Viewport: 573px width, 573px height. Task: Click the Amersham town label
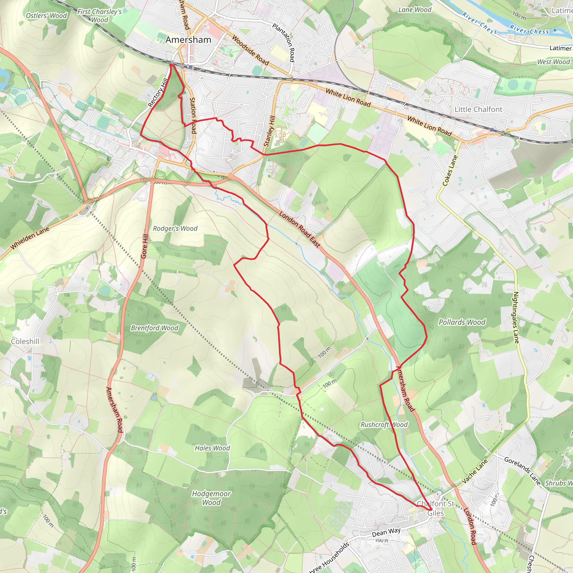(x=188, y=40)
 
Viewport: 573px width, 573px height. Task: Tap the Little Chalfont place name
(x=478, y=109)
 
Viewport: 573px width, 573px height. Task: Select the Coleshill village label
(x=25, y=341)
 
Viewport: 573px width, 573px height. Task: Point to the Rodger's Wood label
(x=175, y=228)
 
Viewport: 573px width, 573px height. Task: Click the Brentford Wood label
(x=154, y=328)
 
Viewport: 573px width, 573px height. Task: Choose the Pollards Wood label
(x=462, y=322)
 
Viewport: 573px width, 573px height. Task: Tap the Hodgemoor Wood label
(x=211, y=498)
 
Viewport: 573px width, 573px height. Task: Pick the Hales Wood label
(x=212, y=448)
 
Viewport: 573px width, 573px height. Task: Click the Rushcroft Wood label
(x=384, y=424)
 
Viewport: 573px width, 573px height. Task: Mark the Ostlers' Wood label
(x=46, y=16)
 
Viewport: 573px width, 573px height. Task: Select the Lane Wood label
(x=415, y=10)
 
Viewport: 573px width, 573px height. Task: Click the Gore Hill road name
(x=144, y=246)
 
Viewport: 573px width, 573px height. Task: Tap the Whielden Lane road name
(x=30, y=238)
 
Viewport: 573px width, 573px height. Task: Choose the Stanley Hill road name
(x=269, y=131)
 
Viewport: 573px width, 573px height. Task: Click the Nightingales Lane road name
(x=516, y=317)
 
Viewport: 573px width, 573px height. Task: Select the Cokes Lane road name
(x=450, y=171)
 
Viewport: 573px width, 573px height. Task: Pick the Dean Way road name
(x=386, y=532)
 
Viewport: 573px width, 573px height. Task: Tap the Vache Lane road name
(x=475, y=471)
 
